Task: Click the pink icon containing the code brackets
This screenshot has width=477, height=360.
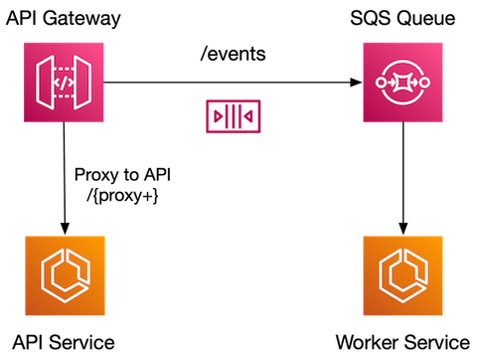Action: pos(65,83)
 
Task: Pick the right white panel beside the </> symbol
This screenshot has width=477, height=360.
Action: pos(82,83)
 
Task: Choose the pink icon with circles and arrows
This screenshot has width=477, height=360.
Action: pos(402,83)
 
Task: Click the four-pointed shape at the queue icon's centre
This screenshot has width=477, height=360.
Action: pos(402,83)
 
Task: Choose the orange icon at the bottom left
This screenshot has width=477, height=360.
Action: pos(65,275)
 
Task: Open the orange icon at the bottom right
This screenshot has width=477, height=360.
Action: pos(402,275)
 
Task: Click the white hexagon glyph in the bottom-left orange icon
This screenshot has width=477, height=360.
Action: pos(65,275)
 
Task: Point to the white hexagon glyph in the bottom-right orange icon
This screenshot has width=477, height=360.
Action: pos(402,275)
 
